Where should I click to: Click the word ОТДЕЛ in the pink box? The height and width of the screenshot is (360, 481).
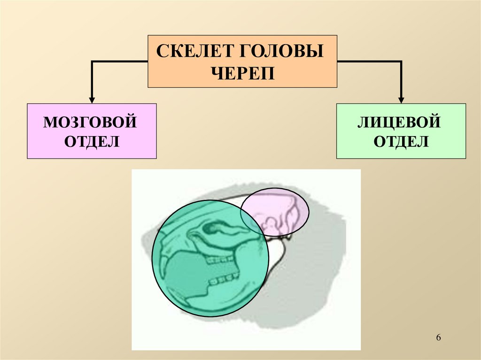[x=92, y=141]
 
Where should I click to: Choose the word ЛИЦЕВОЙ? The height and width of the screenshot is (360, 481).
[x=400, y=123]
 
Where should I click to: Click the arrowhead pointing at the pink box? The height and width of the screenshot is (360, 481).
[x=92, y=99]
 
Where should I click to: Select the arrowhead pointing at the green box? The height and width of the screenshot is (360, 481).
[x=401, y=99]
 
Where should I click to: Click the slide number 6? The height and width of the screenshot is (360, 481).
[x=439, y=338]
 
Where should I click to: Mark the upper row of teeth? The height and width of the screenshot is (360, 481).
[x=219, y=259]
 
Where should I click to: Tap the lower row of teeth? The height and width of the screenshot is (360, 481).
[x=225, y=280]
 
